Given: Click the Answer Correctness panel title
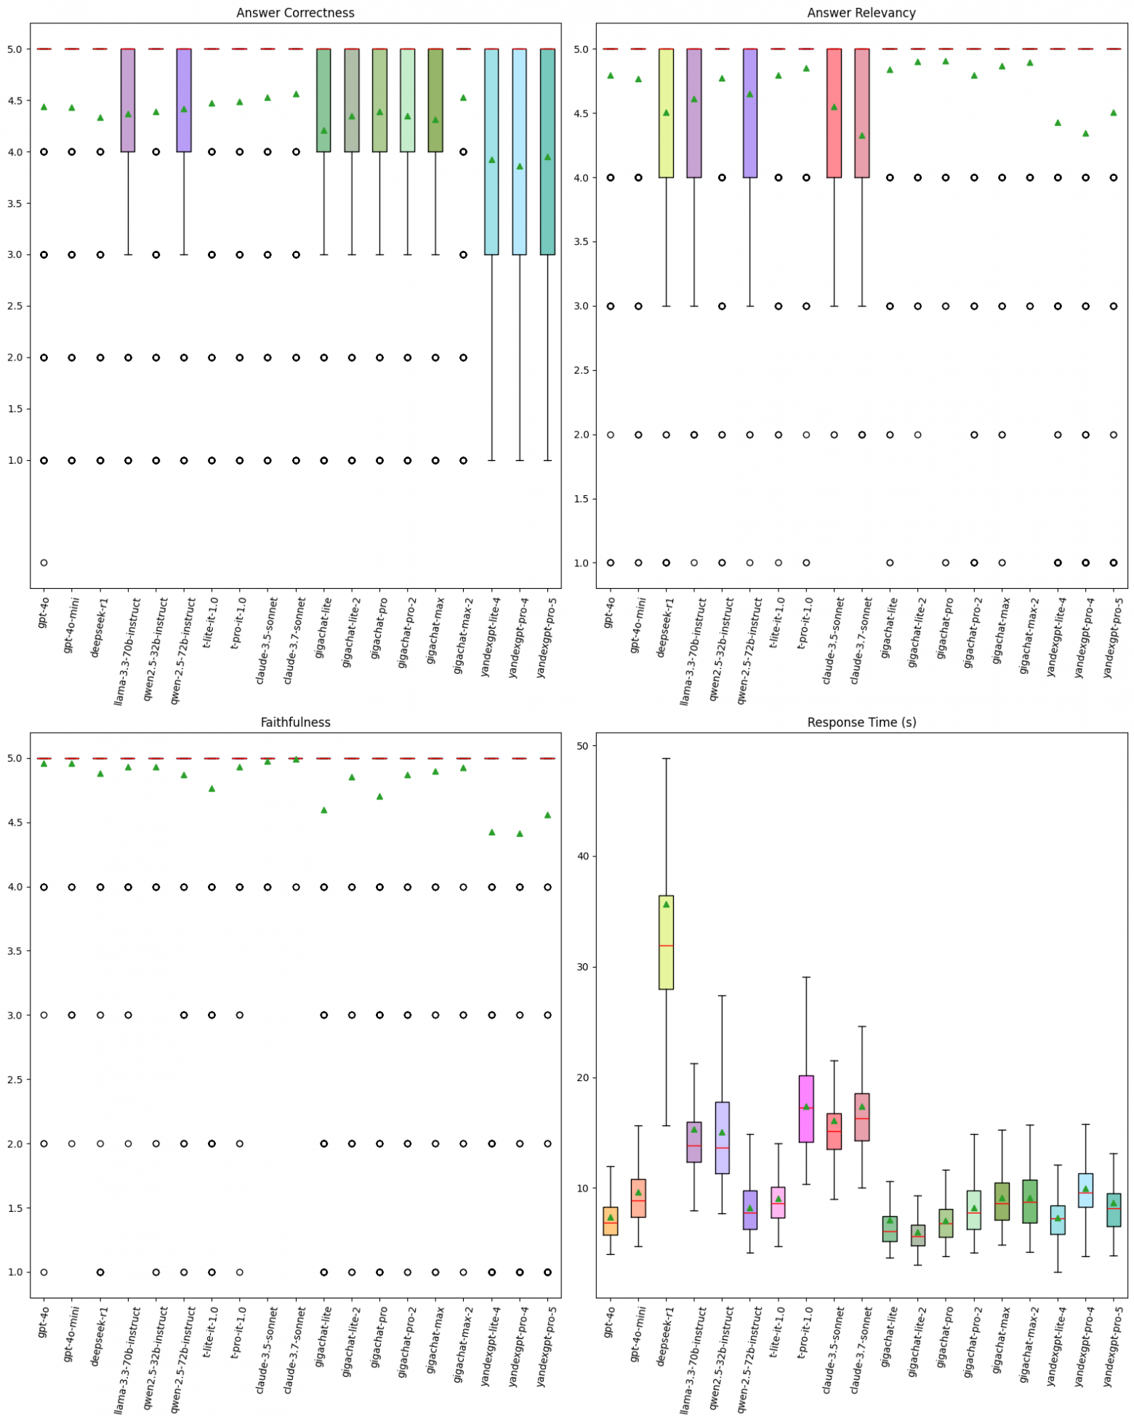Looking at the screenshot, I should pos(295,13).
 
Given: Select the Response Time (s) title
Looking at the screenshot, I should pos(861,722).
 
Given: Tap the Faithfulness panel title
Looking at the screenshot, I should pos(295,722).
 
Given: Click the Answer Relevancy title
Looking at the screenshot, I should pos(861,13).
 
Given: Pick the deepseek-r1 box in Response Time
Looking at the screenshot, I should pos(666,945).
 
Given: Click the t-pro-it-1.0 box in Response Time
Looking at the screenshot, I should pos(805,1109).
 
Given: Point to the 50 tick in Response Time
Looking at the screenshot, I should pos(581,746).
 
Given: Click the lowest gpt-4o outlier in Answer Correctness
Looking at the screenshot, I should pos(44,563).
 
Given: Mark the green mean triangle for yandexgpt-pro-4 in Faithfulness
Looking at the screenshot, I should pos(520,834).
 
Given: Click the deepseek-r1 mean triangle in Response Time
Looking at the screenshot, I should pos(666,904).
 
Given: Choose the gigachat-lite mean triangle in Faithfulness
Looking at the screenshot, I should pos(324,810).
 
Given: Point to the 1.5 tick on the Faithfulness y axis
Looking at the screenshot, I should pos(17,1208).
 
